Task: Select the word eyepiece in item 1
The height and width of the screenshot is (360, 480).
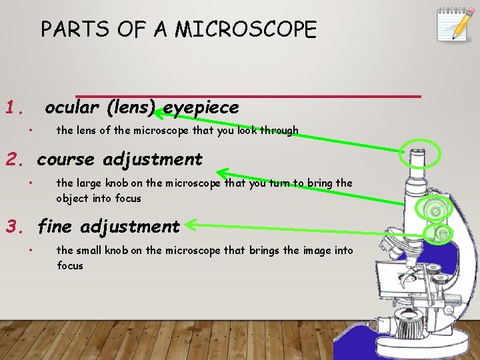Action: [x=201, y=107]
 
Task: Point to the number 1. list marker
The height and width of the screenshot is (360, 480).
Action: [x=15, y=107]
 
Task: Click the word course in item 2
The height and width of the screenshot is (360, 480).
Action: [x=65, y=160]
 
